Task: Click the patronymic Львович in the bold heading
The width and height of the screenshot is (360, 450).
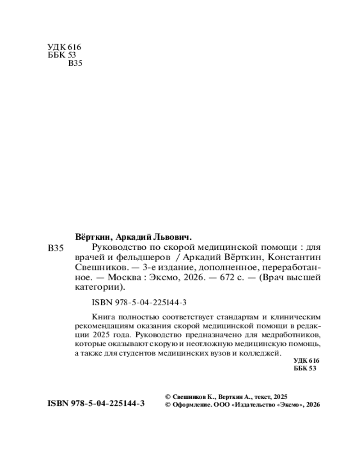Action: pyautogui.click(x=174, y=236)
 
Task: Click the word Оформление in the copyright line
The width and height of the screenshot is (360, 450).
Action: pyautogui.click(x=190, y=405)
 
